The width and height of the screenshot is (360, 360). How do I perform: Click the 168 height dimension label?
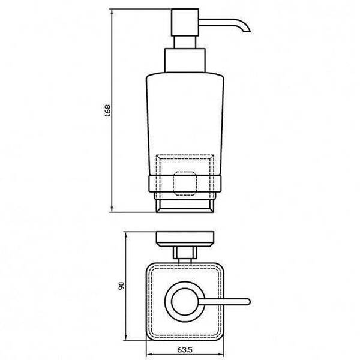coord(107,110)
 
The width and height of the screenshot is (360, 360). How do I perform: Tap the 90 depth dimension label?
coord(121,286)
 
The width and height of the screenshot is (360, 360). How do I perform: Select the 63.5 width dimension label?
coord(185,350)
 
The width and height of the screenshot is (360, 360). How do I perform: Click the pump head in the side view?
coord(185,22)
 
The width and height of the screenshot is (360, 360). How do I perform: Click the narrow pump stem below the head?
coord(185,42)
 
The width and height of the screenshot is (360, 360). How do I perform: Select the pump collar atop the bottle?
coord(185,61)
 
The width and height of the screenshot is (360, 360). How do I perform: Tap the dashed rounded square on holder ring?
coord(185,184)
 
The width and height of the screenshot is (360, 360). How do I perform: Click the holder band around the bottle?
coord(185,184)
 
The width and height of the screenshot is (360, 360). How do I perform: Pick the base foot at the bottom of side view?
coord(185,206)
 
